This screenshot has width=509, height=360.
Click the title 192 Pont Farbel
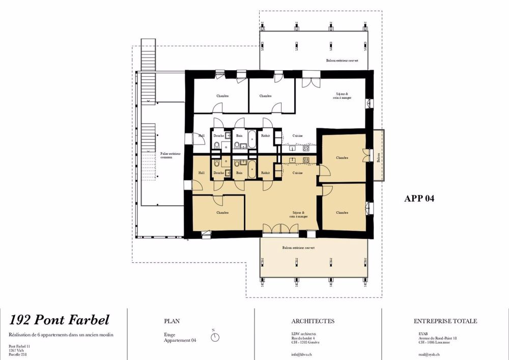point(59,320)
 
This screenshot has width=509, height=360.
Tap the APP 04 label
point(419,199)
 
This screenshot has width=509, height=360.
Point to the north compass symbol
point(215,337)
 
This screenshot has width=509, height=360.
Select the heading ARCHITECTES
point(313,321)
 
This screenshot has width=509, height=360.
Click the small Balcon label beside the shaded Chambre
point(378,158)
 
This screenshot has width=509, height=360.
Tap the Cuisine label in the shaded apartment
point(297,173)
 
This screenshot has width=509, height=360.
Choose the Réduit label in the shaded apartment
point(265,173)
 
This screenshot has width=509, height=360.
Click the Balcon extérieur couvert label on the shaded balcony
point(299,247)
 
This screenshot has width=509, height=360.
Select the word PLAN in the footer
point(172,321)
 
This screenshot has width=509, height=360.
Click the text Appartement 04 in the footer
point(180,340)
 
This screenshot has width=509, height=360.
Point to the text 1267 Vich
point(17,350)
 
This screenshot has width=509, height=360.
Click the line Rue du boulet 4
point(303,338)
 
